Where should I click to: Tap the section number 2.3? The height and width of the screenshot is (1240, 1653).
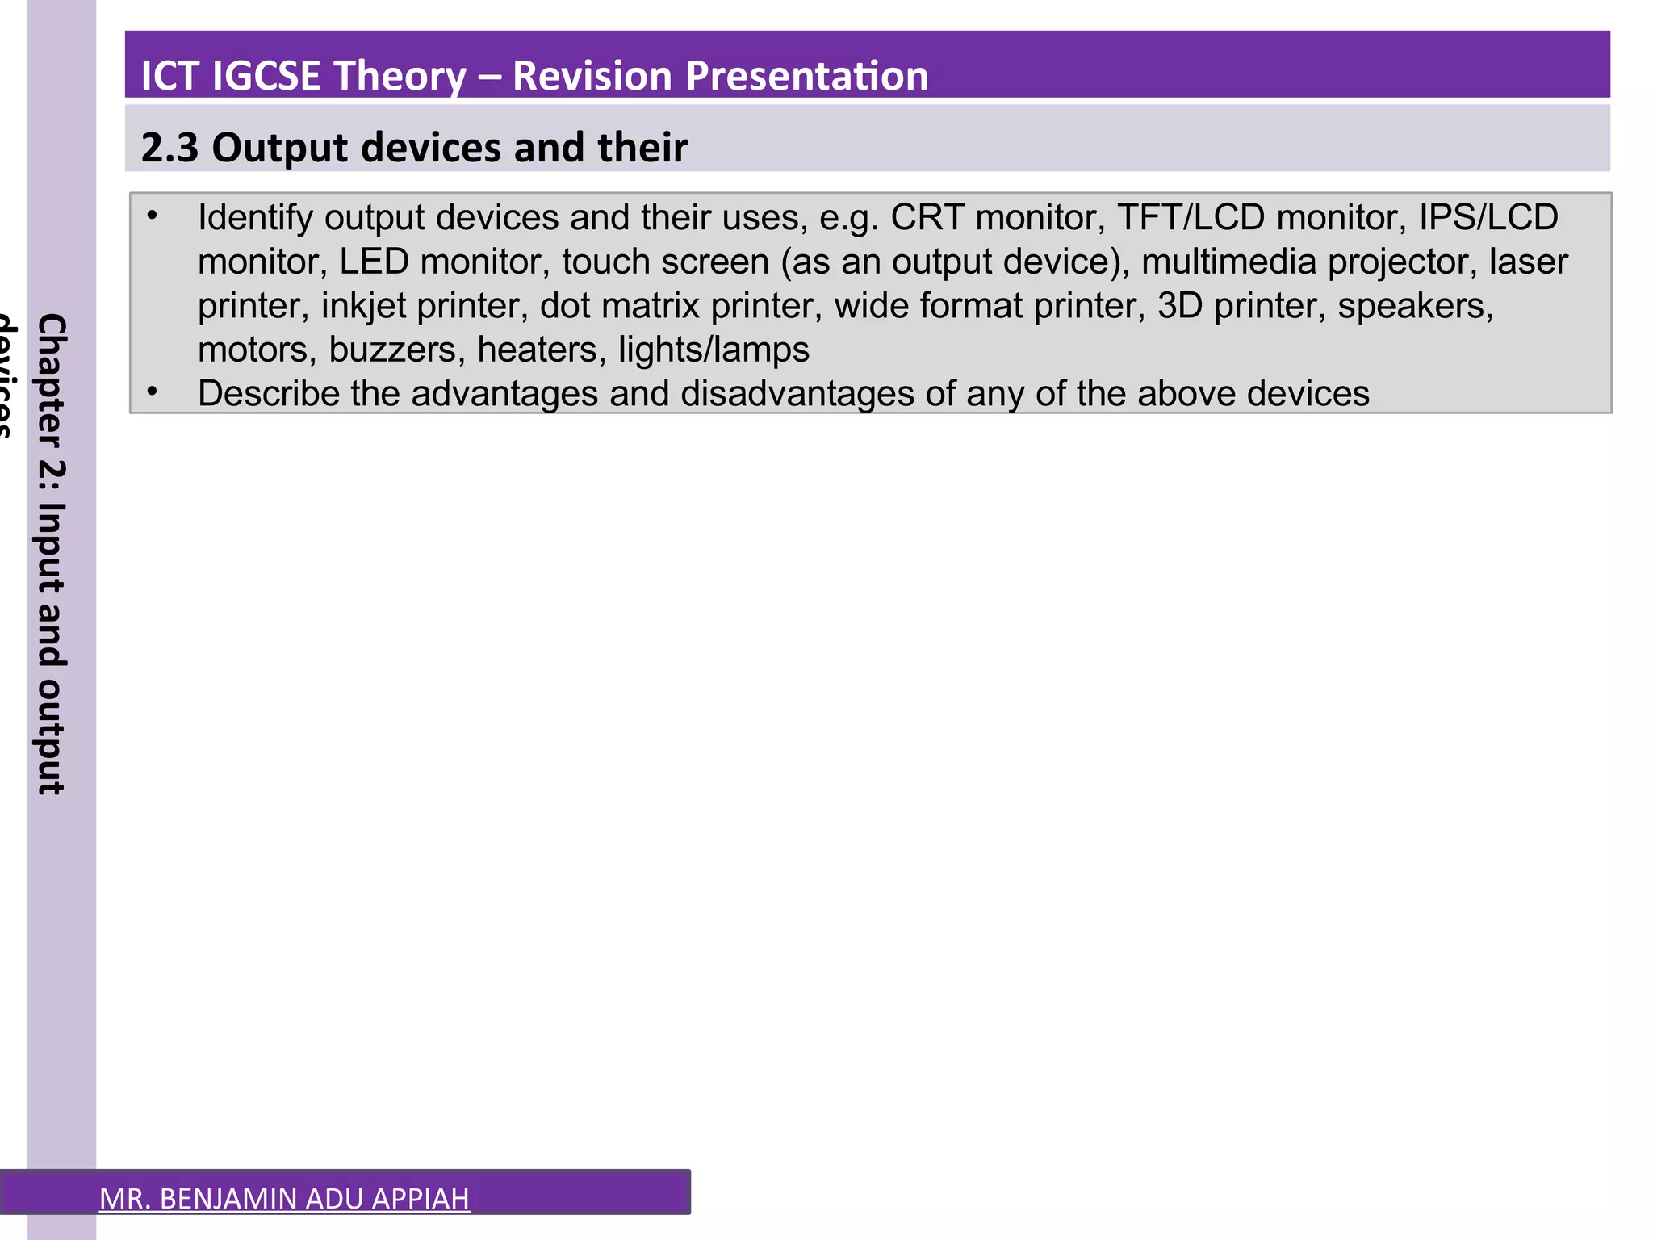coord(169,148)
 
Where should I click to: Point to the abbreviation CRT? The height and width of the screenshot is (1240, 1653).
coord(927,217)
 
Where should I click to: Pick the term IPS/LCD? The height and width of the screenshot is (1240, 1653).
coord(1488,217)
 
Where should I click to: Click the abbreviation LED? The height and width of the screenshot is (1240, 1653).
coord(373,262)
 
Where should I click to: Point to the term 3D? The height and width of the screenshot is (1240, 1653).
coord(1180,306)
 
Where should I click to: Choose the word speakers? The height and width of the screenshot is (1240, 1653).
coord(1415,306)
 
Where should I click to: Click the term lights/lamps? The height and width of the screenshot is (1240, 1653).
coord(714,350)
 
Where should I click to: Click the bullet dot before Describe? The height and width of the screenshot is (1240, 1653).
coord(152,392)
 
